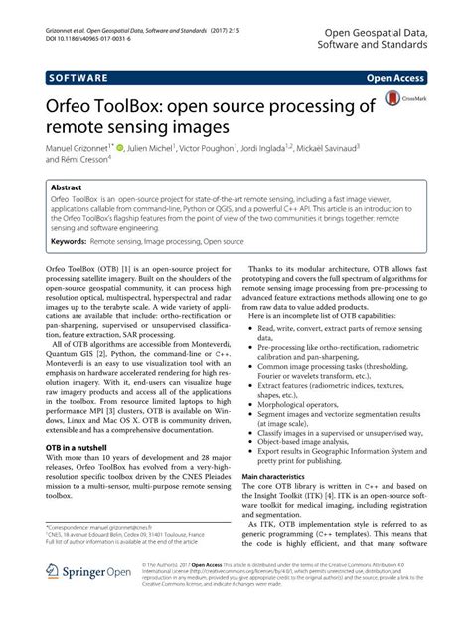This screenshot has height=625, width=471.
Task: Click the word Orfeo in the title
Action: [x=70, y=106]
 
